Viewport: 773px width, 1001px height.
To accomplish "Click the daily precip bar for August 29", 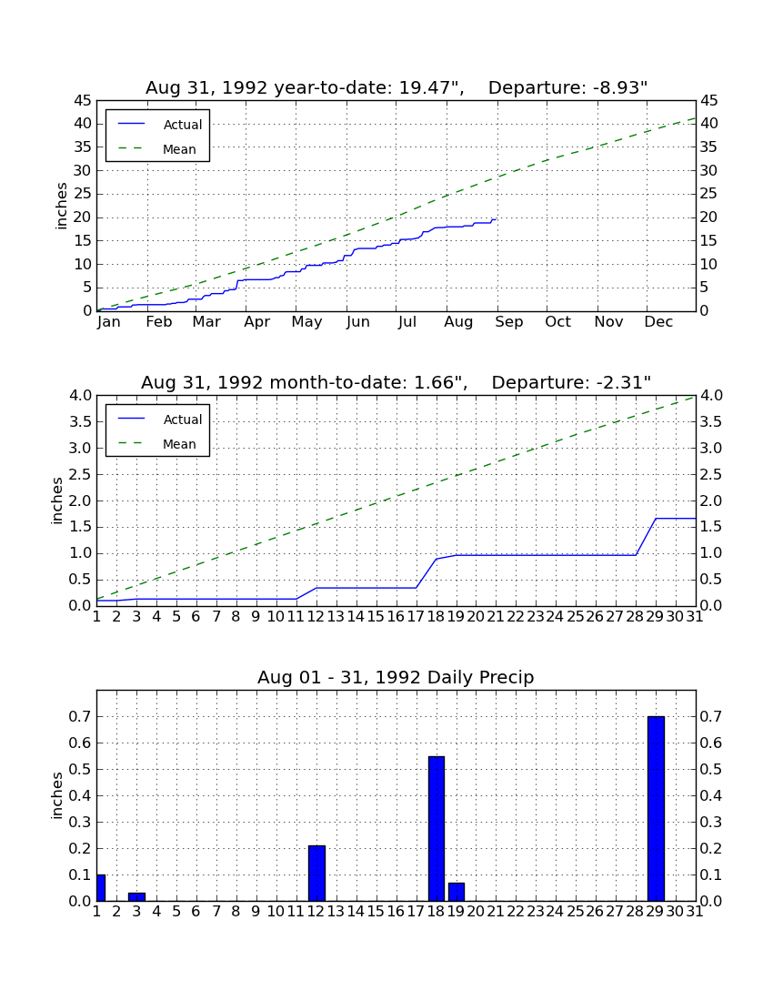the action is (x=656, y=808).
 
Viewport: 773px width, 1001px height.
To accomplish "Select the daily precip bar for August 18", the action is (x=437, y=829).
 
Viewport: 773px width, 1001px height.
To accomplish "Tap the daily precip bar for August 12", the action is (x=317, y=874).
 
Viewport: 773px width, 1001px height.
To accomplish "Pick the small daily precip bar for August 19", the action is (x=456, y=892).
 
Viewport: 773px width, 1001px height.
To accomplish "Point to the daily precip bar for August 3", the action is (x=136, y=897).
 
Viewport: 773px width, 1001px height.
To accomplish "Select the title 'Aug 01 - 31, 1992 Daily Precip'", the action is (x=396, y=677).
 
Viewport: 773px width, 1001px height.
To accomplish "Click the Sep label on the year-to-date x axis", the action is (x=509, y=322).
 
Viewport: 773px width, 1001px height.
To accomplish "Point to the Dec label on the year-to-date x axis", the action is (x=658, y=322).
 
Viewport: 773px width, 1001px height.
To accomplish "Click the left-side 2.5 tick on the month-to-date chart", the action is (x=80, y=474).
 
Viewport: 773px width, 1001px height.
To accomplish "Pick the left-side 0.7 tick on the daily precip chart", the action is (x=80, y=717).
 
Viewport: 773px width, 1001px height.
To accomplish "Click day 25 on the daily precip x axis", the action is (x=576, y=912).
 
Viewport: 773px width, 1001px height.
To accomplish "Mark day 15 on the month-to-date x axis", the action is (x=376, y=617).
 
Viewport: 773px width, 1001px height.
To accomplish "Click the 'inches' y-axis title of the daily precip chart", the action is (x=57, y=795).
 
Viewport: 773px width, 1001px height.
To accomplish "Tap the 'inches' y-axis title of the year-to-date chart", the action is (x=61, y=206).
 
